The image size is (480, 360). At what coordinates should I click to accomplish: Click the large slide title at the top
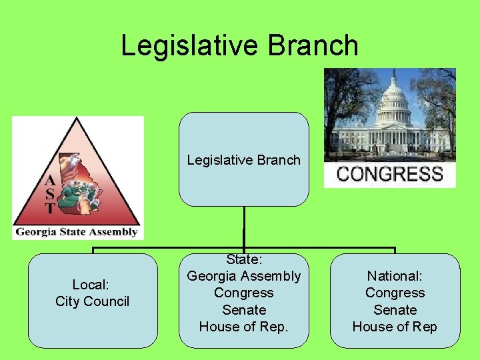[239, 45]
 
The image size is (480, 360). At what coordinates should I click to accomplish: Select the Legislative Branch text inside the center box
[243, 160]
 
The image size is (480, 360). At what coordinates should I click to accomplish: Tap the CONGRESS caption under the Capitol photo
[390, 175]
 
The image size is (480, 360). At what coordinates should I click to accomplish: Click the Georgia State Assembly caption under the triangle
[76, 233]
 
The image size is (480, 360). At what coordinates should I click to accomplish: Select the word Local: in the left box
[91, 285]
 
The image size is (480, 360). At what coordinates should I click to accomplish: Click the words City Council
[92, 301]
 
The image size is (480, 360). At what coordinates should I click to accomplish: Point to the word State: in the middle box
[243, 259]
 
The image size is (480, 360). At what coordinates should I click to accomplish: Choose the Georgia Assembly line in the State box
[243, 276]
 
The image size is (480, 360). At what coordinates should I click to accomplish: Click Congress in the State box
[243, 293]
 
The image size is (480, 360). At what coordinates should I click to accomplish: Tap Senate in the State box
[243, 310]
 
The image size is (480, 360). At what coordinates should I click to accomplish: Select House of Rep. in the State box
[243, 327]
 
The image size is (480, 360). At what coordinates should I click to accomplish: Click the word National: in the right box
[395, 276]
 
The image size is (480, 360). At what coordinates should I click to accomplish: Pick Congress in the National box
[395, 293]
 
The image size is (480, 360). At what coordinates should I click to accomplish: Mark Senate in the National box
[395, 310]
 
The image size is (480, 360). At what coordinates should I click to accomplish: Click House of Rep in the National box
[395, 327]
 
